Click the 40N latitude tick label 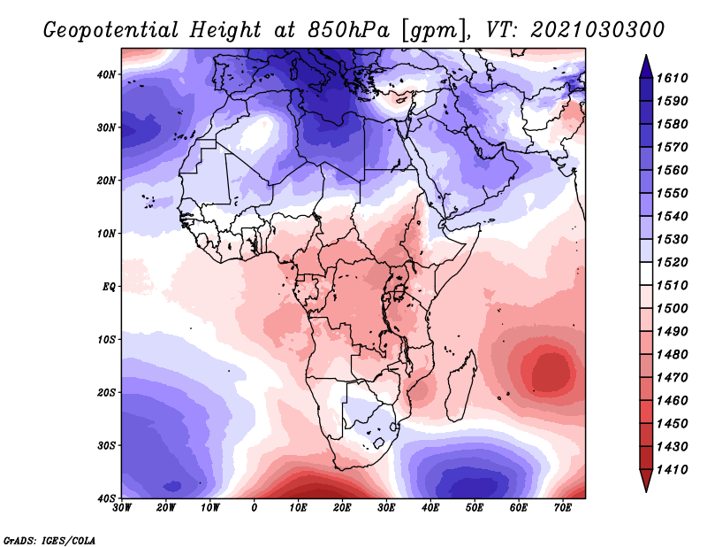(x=107, y=74)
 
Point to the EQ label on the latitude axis (x=109, y=287)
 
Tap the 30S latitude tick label (x=107, y=446)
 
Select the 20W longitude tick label (x=166, y=508)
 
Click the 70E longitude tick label (x=563, y=508)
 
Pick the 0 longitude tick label (x=255, y=508)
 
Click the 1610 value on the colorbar (x=672, y=78)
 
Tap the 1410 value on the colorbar (x=672, y=470)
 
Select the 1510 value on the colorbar (x=672, y=286)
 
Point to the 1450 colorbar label (x=672, y=424)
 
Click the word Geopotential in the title (x=111, y=31)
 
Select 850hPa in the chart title (x=347, y=30)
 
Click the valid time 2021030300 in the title (x=597, y=30)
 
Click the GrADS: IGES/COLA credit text (x=49, y=541)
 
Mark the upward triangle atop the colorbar (x=646, y=66)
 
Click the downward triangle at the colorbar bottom (x=646, y=481)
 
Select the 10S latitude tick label (x=107, y=340)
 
